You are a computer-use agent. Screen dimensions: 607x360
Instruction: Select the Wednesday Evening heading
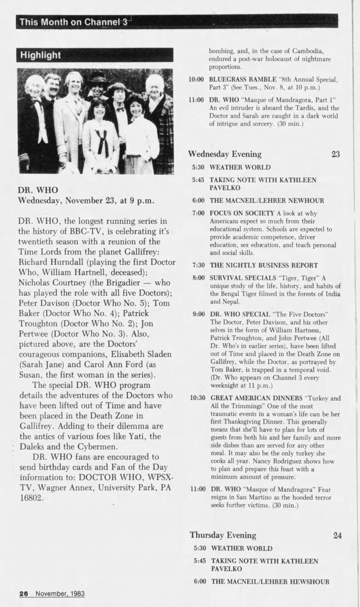tap(225, 154)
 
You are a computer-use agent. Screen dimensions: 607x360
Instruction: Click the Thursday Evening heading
tap(223, 535)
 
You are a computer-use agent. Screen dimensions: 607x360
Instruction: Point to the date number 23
tap(335, 154)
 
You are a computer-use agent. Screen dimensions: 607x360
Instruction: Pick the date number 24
tap(338, 535)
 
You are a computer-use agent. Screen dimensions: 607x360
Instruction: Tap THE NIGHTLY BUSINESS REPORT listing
tap(264, 265)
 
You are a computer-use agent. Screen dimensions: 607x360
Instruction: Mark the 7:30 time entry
tap(199, 265)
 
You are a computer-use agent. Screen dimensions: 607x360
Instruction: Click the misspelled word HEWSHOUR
tap(309, 581)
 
